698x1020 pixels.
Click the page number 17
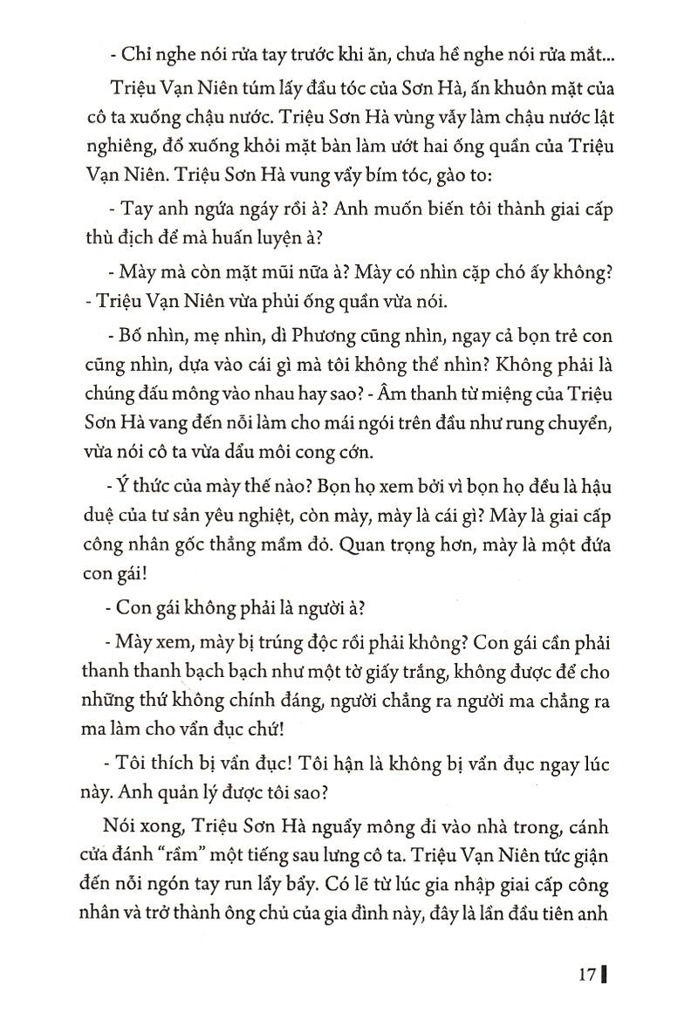click(586, 972)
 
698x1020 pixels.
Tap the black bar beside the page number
click(604, 972)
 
